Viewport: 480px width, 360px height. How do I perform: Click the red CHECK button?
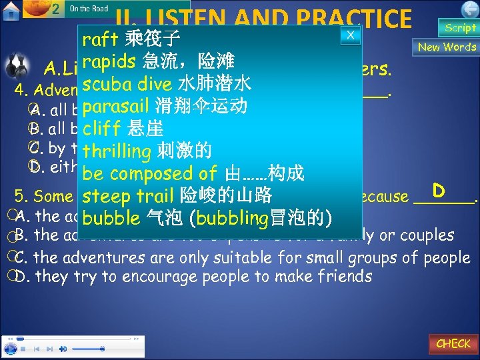pyautogui.click(x=453, y=343)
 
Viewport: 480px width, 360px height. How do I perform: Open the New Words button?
pyautogui.click(x=447, y=47)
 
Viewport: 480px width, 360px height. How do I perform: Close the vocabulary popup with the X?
pyautogui.click(x=350, y=35)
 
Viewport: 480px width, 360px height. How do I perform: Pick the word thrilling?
pyautogui.click(x=117, y=151)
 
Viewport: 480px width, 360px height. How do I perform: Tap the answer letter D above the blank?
pyautogui.click(x=438, y=191)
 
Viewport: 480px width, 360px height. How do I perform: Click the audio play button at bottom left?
pyautogui.click(x=10, y=348)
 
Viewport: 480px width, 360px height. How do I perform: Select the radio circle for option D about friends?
pyautogui.click(x=22, y=275)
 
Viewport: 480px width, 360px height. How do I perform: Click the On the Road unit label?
pyautogui.click(x=89, y=9)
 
